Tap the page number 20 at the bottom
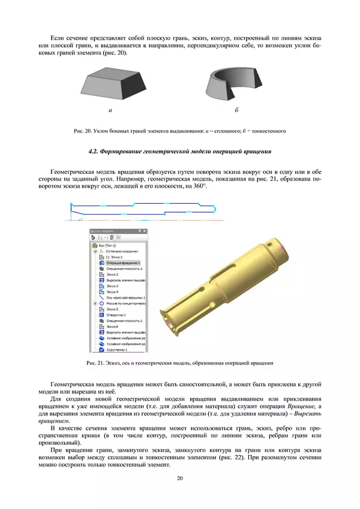(179, 478)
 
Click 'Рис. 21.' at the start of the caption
(80, 362)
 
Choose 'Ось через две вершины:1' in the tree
(125, 297)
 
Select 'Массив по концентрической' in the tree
(126, 303)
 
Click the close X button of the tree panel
(144, 231)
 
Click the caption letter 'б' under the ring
(237, 111)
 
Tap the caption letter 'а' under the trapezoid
(110, 111)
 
